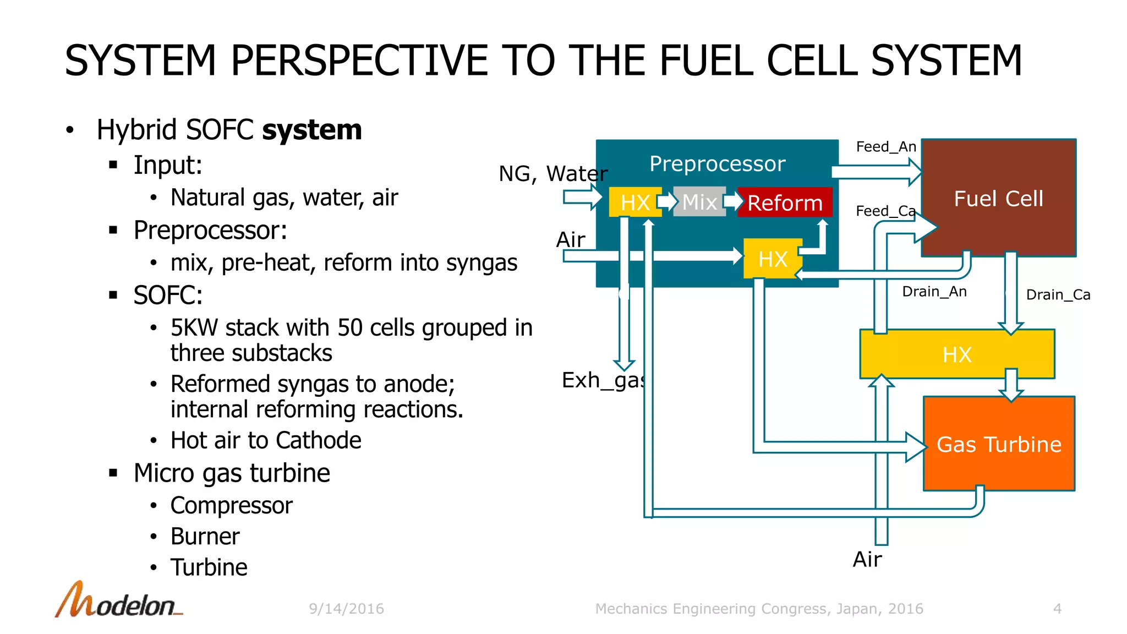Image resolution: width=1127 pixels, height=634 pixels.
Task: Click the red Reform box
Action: pyautogui.click(x=784, y=203)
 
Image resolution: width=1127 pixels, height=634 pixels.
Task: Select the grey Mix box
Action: pyautogui.click(x=699, y=202)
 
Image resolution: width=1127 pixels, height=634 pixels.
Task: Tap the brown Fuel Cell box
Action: pyautogui.click(x=998, y=198)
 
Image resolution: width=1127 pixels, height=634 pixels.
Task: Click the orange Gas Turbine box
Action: pyautogui.click(x=999, y=444)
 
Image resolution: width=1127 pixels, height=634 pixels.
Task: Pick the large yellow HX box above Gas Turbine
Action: pyautogui.click(x=957, y=354)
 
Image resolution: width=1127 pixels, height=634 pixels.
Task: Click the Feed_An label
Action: pyautogui.click(x=886, y=147)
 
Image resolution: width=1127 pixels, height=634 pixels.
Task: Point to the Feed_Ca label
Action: pyautogui.click(x=885, y=211)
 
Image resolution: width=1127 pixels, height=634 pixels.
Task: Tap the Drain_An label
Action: pyautogui.click(x=934, y=292)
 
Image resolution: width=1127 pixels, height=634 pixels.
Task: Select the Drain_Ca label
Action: pyautogui.click(x=1058, y=295)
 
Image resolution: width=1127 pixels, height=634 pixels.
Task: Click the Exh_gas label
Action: pyautogui.click(x=603, y=380)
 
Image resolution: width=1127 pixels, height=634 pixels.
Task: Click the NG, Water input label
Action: pyautogui.click(x=552, y=174)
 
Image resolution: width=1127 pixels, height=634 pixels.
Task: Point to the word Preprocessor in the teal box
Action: pyautogui.click(x=717, y=163)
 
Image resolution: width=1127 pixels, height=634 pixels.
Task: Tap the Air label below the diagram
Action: pyautogui.click(x=867, y=560)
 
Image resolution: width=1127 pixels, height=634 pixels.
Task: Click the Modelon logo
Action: pyautogui.click(x=119, y=600)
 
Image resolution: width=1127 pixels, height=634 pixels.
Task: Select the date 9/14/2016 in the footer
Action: pyautogui.click(x=346, y=609)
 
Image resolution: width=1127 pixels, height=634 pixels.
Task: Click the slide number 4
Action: pyautogui.click(x=1057, y=609)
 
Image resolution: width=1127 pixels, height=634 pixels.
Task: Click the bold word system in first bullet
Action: pyautogui.click(x=311, y=130)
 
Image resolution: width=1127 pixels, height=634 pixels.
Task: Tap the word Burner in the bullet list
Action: pyautogui.click(x=205, y=537)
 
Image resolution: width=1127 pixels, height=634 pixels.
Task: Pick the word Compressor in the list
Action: pyautogui.click(x=231, y=506)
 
